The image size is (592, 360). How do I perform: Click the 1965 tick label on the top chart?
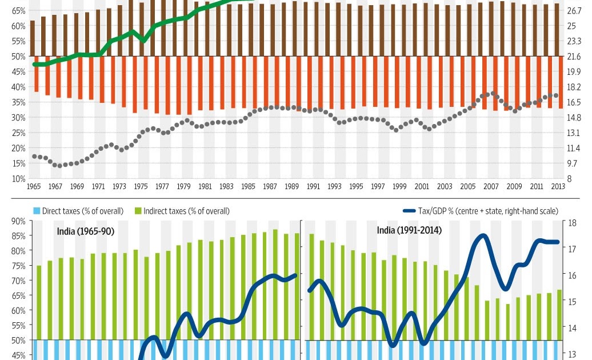(x=34, y=186)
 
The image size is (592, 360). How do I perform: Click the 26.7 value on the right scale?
(x=573, y=11)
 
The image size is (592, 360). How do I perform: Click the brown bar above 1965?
(x=33, y=38)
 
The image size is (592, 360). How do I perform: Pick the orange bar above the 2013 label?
(x=562, y=82)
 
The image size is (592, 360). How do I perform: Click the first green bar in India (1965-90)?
(x=39, y=302)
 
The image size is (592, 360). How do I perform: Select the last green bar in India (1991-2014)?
(x=559, y=314)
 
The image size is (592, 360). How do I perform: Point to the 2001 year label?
(x=422, y=186)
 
